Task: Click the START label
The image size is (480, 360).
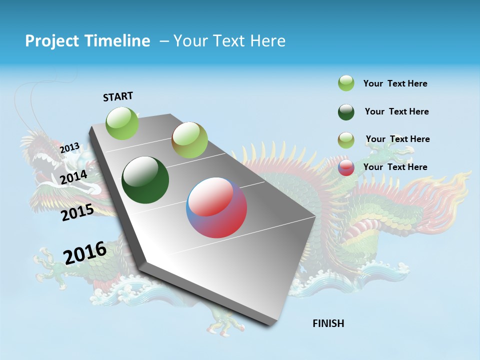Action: (x=118, y=96)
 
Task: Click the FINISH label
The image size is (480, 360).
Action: (x=328, y=323)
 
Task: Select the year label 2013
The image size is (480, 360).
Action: (x=69, y=148)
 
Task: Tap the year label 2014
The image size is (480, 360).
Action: (x=73, y=177)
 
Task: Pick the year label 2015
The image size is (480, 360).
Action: (x=77, y=213)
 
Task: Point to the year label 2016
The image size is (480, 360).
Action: (x=85, y=252)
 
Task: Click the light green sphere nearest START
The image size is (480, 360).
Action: (x=122, y=123)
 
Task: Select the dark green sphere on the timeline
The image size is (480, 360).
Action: (x=145, y=180)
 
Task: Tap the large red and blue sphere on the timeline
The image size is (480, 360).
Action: (x=216, y=207)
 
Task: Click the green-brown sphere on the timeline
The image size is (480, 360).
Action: (x=189, y=140)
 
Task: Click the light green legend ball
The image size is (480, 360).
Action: (x=346, y=83)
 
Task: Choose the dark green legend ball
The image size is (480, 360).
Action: (x=346, y=112)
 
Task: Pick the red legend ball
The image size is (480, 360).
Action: (x=346, y=167)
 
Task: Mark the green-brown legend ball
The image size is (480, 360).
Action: (x=346, y=139)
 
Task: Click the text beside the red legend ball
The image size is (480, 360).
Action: (x=395, y=167)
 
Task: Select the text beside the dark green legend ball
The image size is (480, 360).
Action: (x=396, y=111)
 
